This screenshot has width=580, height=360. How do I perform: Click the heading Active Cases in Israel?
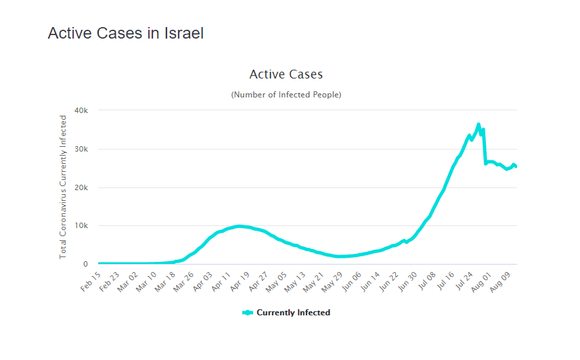point(125,32)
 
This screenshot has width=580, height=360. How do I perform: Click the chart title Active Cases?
point(286,74)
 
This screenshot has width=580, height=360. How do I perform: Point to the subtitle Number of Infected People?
point(286,95)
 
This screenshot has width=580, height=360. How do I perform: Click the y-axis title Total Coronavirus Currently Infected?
point(64,187)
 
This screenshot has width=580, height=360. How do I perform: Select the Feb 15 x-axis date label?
point(91,280)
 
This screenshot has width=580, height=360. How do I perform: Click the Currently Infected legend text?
point(293,313)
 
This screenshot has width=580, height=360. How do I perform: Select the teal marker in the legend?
point(247,313)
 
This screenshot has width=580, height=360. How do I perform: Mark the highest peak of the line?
point(478,125)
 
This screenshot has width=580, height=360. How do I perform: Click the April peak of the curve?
point(239,226)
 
